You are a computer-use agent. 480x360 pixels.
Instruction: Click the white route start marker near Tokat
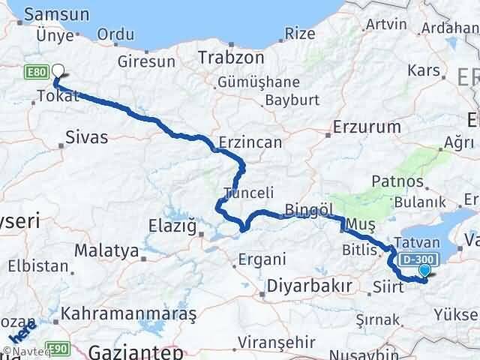pos(57,73)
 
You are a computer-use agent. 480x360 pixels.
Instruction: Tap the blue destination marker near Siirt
pos(425,271)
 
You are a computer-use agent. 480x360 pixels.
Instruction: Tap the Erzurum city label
pos(367,127)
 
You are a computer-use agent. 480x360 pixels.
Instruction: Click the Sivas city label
pos(86,137)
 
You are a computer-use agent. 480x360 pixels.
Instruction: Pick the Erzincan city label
pos(250,142)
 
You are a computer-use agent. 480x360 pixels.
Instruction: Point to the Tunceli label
pos(247,191)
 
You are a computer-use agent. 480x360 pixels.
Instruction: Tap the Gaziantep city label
pos(136,351)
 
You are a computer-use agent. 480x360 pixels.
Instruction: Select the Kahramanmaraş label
pos(128,312)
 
